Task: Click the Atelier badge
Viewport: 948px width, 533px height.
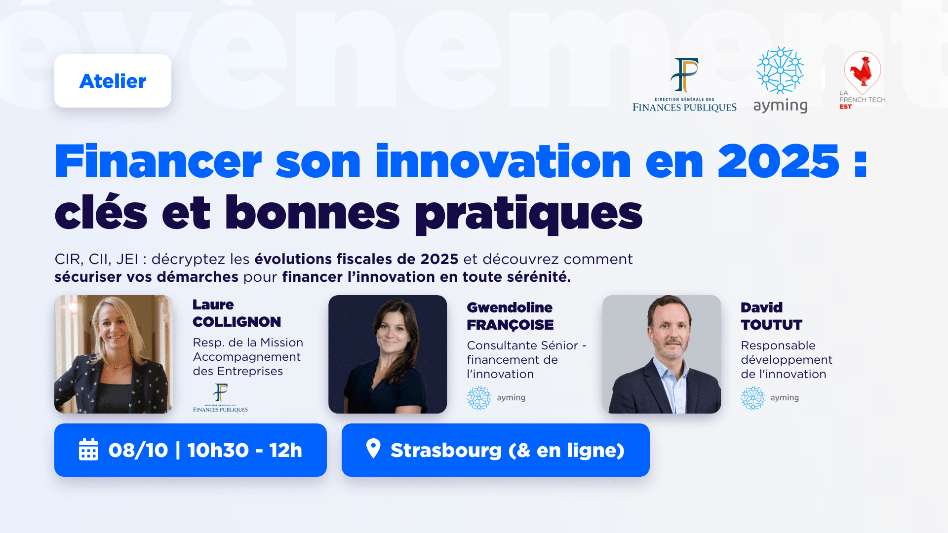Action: [113, 81]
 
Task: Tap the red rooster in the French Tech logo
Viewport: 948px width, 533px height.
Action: [862, 71]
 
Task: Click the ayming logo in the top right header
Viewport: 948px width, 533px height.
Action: [780, 80]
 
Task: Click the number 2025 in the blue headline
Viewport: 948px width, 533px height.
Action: [778, 161]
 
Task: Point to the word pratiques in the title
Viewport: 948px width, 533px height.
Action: [528, 214]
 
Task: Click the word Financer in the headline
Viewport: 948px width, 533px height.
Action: [158, 161]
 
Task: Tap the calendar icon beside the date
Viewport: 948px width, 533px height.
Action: [89, 450]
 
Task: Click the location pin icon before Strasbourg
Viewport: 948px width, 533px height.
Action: [373, 449]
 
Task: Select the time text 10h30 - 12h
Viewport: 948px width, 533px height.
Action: [244, 450]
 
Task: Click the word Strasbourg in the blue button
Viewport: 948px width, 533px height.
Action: [446, 451]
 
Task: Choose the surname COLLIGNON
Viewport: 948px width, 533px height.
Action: [237, 322]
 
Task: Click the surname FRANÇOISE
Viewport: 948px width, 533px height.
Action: [510, 325]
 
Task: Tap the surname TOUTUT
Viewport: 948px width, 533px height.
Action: [771, 325]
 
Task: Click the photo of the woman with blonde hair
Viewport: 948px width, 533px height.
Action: [114, 354]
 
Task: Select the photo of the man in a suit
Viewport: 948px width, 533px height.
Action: [662, 354]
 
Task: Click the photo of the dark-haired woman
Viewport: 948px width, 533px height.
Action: [388, 354]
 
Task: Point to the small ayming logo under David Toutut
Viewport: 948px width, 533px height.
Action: [770, 398]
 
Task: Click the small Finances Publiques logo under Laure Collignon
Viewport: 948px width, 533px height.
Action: [220, 398]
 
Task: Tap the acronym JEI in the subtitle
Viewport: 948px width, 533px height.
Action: [127, 259]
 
